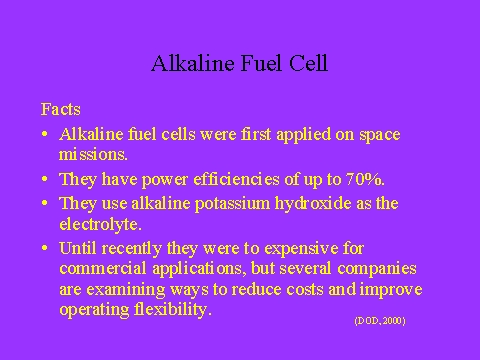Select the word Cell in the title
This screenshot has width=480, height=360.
tap(308, 63)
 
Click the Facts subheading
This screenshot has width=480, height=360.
tap(61, 109)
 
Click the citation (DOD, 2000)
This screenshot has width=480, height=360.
tap(380, 321)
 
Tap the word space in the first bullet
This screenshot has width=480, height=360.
tap(380, 135)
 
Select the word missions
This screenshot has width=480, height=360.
tap(93, 154)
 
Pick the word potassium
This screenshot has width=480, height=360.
tap(232, 204)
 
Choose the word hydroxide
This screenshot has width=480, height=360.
tap(313, 203)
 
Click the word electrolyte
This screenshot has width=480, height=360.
tap(100, 224)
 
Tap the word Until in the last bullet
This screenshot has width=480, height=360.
tap(78, 248)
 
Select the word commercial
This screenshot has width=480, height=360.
tap(103, 269)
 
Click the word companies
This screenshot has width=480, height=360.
tap(377, 269)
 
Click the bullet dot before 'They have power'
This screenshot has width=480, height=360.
tap(45, 179)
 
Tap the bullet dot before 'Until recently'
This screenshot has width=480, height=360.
tap(45, 248)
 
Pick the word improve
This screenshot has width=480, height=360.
tap(391, 290)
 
